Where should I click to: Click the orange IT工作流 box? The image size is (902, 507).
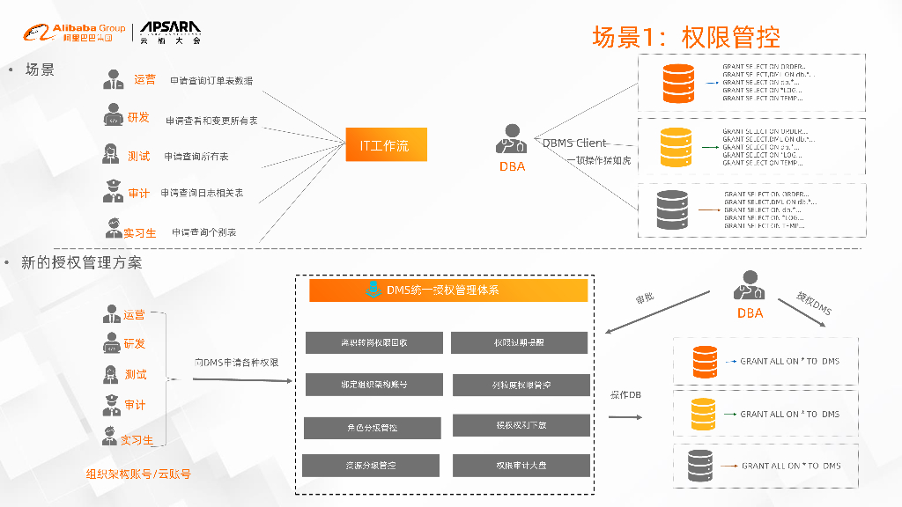click(x=385, y=144)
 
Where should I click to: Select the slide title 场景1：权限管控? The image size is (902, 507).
click(x=686, y=38)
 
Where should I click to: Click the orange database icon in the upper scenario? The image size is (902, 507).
click(x=678, y=81)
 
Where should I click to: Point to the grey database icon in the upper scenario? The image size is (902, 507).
click(x=675, y=210)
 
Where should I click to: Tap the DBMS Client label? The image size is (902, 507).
click(x=574, y=143)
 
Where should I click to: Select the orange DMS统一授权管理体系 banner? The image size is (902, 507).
click(x=448, y=290)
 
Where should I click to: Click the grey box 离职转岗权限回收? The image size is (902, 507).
click(x=373, y=343)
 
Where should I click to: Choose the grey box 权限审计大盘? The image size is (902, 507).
click(x=520, y=466)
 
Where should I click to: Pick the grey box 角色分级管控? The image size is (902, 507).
click(x=373, y=428)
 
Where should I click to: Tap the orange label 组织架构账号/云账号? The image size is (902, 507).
click(x=138, y=474)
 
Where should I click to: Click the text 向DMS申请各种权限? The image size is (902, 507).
click(x=237, y=362)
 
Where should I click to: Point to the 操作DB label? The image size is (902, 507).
click(x=625, y=394)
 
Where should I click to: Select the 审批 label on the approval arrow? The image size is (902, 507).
click(x=645, y=298)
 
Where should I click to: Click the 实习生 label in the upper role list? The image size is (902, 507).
click(x=139, y=232)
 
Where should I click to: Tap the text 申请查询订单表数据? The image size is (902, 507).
click(x=211, y=81)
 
